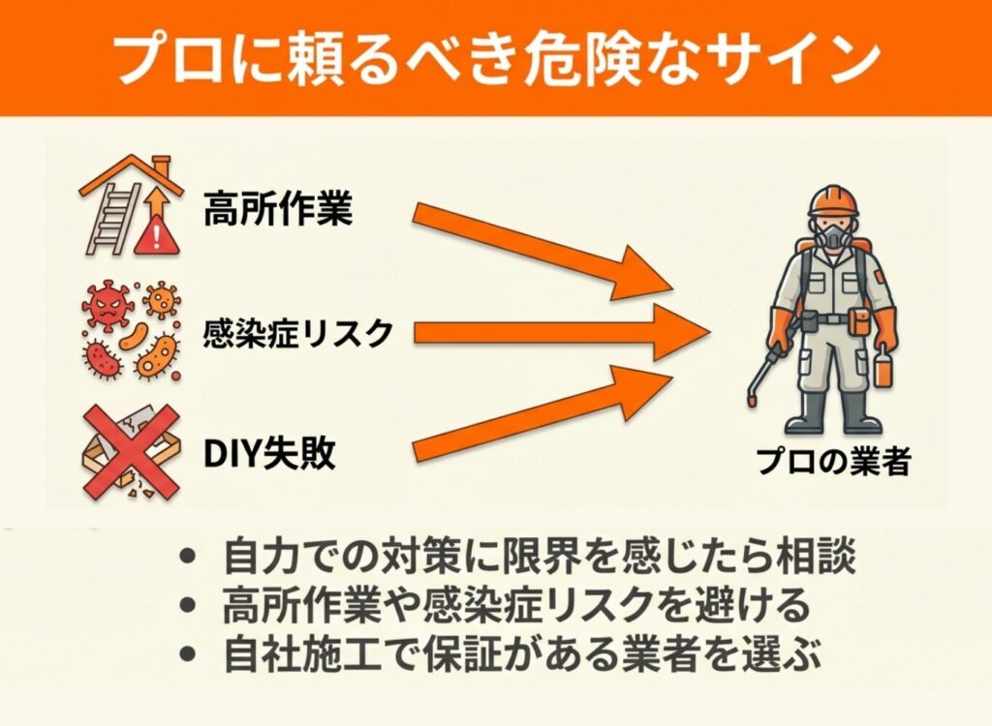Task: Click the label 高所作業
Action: (278, 208)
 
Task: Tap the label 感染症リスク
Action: (298, 333)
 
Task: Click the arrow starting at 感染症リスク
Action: (562, 333)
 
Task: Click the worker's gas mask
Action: (833, 235)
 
